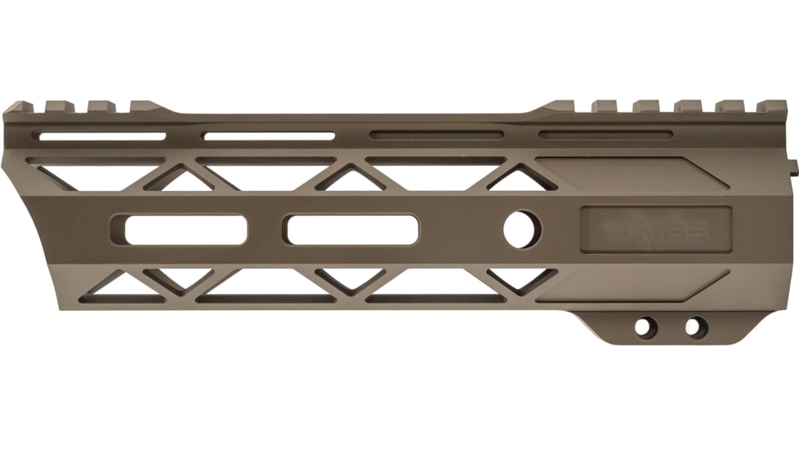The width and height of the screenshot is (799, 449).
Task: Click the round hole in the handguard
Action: pos(522,229)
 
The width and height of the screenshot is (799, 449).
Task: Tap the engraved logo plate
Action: pos(655,229)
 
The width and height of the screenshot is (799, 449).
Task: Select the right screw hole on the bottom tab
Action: pos(693,327)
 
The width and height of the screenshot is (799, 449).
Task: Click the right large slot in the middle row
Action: pos(351,229)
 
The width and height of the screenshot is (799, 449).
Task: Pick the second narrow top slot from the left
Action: pos(269,136)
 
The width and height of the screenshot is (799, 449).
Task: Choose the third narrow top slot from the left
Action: pos(436,135)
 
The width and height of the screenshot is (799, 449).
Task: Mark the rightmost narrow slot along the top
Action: pos(605,135)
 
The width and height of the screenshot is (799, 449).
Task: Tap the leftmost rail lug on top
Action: pos(18,107)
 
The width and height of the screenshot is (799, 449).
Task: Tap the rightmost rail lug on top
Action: pos(771,106)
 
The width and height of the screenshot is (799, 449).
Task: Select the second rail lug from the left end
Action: pos(60,106)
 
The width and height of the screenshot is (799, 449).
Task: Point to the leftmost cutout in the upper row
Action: pos(90,174)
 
